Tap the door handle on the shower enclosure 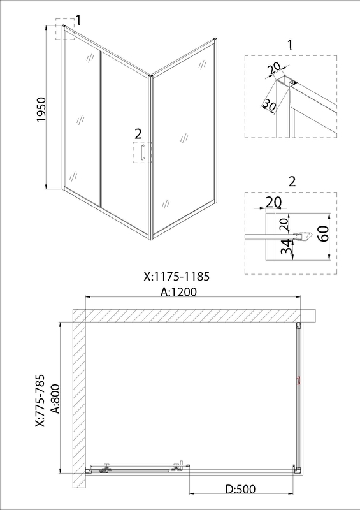(142, 152)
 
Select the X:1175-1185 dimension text (176, 277)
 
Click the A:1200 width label (179, 292)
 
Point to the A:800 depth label (55, 399)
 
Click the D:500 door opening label (241, 489)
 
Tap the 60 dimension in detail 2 (323, 233)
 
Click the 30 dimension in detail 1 (269, 105)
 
